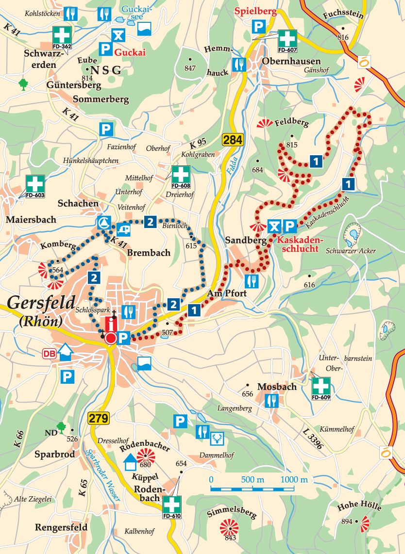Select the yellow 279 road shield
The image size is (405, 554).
99,418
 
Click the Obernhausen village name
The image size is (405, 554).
291,61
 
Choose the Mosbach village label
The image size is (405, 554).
277,387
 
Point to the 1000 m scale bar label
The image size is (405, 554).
294,479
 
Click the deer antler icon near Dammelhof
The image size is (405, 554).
216,439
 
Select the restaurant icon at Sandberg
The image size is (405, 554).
252,280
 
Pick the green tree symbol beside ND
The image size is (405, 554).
61,427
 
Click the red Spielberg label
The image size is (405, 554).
255,12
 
